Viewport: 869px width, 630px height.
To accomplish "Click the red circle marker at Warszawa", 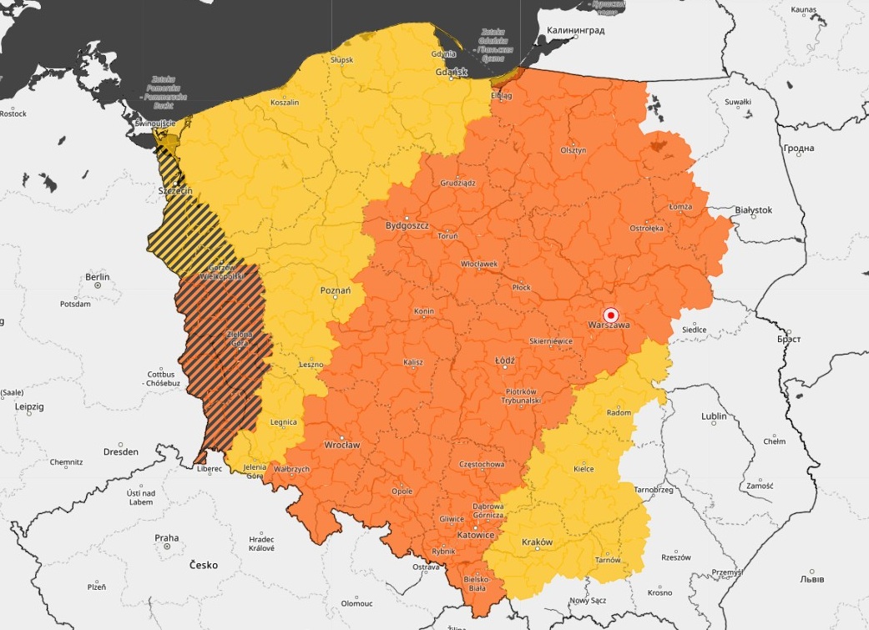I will point(610,315).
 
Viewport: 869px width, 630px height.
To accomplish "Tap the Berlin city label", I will point(98,276).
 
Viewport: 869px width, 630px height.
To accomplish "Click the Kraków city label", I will point(537,542).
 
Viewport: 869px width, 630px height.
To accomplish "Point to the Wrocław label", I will point(341,445).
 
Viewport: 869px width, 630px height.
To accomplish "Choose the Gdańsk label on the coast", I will point(452,73).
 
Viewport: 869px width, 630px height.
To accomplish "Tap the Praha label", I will point(166,537).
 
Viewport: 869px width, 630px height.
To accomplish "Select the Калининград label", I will point(575,30).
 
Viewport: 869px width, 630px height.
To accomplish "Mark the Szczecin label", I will point(175,191).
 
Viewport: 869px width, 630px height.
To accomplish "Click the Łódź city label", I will point(505,360).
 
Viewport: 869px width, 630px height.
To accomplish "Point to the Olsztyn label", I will point(573,149).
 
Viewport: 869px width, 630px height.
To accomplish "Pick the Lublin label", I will point(714,416).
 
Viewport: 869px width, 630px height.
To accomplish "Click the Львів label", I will point(810,578).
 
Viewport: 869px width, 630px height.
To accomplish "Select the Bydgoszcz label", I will point(407,225).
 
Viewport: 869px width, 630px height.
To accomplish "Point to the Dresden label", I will point(121,451).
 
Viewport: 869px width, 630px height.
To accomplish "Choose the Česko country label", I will point(203,565).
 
